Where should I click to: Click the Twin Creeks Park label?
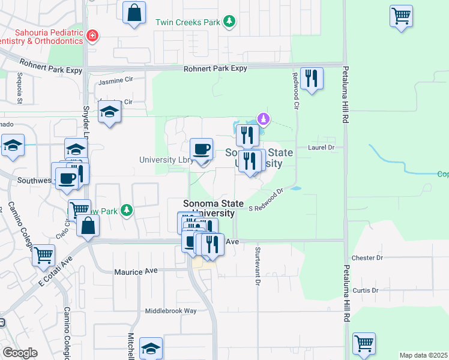pos(188,22)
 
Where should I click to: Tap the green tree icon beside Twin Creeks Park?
pos(229,22)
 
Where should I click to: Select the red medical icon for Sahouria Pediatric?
pos(92,35)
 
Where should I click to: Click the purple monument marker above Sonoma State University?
pos(262,119)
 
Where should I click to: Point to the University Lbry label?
pos(166,160)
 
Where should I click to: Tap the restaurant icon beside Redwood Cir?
pos(312,79)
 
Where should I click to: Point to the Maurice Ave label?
pos(136,271)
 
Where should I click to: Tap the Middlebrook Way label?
pos(171,311)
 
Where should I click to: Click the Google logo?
pos(20,353)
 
